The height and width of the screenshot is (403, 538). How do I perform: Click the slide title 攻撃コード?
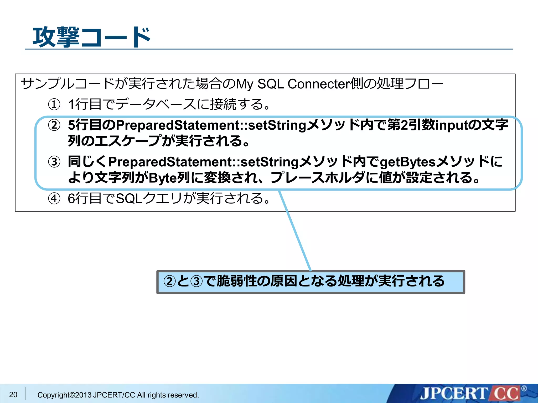pyautogui.click(x=91, y=37)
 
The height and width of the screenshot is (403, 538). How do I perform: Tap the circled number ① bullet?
pyautogui.click(x=54, y=104)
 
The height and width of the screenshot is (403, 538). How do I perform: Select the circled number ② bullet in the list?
pyautogui.click(x=54, y=125)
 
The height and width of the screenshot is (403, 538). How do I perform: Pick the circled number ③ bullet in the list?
pyautogui.click(x=54, y=162)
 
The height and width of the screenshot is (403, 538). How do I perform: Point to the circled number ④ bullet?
pyautogui.click(x=54, y=199)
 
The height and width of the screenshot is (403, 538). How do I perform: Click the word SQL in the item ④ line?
pyautogui.click(x=129, y=198)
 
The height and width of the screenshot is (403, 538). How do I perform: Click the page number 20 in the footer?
pyautogui.click(x=13, y=394)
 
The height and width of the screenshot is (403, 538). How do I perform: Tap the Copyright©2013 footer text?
pyautogui.click(x=118, y=395)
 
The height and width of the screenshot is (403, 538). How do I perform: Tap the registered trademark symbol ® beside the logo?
pyautogui.click(x=524, y=389)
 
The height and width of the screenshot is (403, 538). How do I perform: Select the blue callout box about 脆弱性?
pyautogui.click(x=311, y=282)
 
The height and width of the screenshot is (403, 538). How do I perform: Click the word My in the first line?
pyautogui.click(x=245, y=84)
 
